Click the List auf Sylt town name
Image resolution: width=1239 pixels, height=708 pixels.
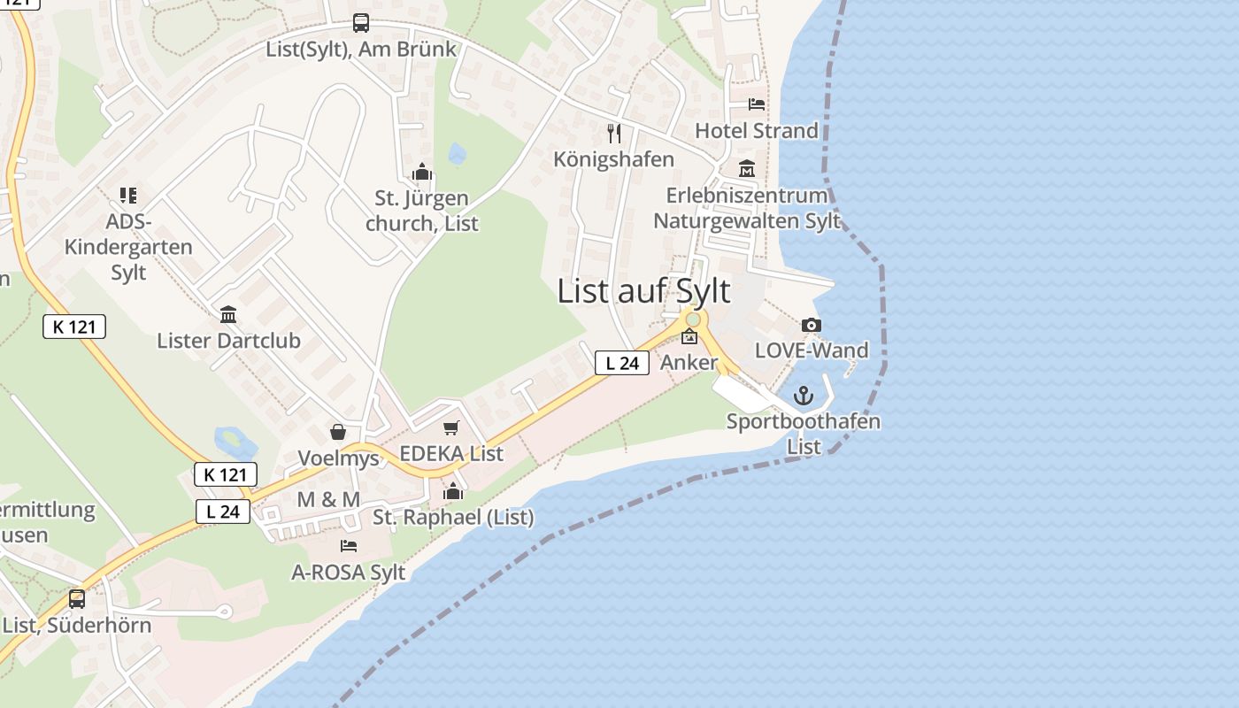pyautogui.click(x=643, y=291)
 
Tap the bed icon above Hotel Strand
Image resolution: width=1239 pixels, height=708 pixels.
pyautogui.click(x=757, y=104)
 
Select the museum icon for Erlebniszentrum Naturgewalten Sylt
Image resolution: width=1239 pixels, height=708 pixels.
pyautogui.click(x=747, y=168)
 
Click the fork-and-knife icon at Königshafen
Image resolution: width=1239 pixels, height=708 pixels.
pyautogui.click(x=614, y=134)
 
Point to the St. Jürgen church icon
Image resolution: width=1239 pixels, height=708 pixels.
pyautogui.click(x=421, y=172)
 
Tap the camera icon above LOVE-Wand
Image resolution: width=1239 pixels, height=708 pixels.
pyautogui.click(x=811, y=326)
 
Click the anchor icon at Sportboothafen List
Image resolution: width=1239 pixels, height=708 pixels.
pyautogui.click(x=803, y=396)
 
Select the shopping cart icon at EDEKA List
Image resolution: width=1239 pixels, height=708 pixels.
pyautogui.click(x=451, y=428)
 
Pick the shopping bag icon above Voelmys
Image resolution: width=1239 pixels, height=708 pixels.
pyautogui.click(x=337, y=432)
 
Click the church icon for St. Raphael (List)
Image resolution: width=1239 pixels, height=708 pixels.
pyautogui.click(x=453, y=491)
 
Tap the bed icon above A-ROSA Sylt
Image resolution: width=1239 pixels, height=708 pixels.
pyautogui.click(x=349, y=546)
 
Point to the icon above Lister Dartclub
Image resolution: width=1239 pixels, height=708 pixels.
pyautogui.click(x=228, y=314)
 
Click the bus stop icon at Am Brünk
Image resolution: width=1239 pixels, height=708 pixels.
pyautogui.click(x=361, y=23)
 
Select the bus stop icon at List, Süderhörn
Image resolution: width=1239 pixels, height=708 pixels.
pyautogui.click(x=77, y=599)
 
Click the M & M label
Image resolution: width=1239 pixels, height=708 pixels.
pyautogui.click(x=328, y=500)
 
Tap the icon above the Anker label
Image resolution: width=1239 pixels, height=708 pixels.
pyautogui.click(x=689, y=337)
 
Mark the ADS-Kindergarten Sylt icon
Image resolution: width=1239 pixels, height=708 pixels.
pyautogui.click(x=128, y=196)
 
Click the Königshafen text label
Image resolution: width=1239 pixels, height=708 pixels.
pyautogui.click(x=614, y=159)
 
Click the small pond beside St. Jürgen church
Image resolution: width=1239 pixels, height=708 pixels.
pyautogui.click(x=457, y=154)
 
